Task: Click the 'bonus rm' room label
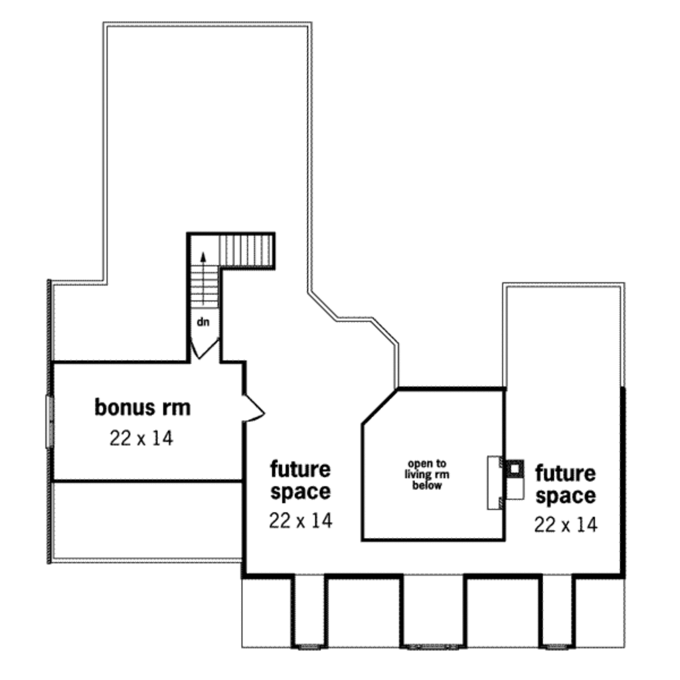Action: click(x=142, y=407)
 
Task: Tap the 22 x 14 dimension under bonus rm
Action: click(x=141, y=438)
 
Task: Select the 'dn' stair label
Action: click(x=203, y=321)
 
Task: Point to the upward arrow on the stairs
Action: click(x=203, y=260)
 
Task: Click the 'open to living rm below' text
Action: click(x=427, y=474)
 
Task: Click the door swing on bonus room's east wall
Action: click(x=254, y=407)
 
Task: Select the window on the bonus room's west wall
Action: click(x=48, y=421)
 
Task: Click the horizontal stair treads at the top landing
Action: click(x=248, y=250)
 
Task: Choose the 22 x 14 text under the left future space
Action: click(x=300, y=521)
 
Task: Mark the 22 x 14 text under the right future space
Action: click(x=566, y=525)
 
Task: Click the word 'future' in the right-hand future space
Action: click(x=566, y=474)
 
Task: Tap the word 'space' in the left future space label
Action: click(x=300, y=492)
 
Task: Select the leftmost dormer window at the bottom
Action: click(x=309, y=645)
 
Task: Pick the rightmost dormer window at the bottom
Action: click(x=557, y=645)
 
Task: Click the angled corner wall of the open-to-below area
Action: click(x=379, y=406)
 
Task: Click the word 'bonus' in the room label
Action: click(x=119, y=407)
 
